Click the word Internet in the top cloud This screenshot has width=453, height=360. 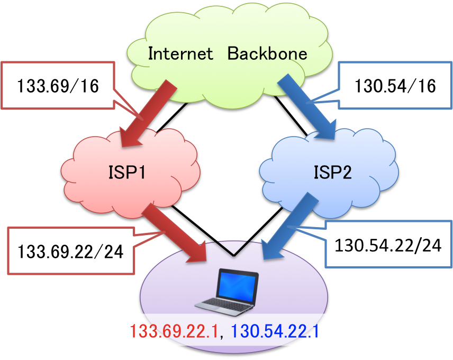point(180,53)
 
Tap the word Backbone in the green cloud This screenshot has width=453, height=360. point(267,53)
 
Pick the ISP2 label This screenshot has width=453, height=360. point(332,172)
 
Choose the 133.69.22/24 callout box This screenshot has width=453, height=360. point(70,251)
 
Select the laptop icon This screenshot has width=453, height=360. point(227,291)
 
